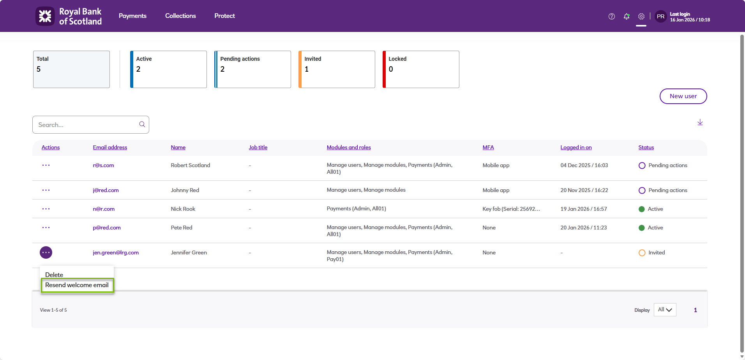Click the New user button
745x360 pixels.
click(x=683, y=96)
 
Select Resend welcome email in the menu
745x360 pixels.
click(x=77, y=285)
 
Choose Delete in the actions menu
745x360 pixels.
click(x=54, y=275)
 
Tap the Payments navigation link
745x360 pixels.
click(x=132, y=16)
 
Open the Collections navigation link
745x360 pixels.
click(x=180, y=16)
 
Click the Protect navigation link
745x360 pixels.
click(x=224, y=16)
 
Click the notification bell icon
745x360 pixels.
click(x=627, y=16)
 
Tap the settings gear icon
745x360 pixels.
click(x=641, y=16)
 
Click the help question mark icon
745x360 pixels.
click(x=612, y=16)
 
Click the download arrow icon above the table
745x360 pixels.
click(x=700, y=122)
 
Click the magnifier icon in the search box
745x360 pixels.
click(x=142, y=124)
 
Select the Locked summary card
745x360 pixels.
click(x=421, y=69)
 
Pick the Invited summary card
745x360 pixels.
click(x=337, y=69)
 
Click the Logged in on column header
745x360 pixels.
click(x=576, y=147)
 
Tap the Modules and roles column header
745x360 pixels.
click(x=349, y=147)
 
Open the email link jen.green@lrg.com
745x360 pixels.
click(x=116, y=252)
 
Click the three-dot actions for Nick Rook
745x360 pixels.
click(x=46, y=209)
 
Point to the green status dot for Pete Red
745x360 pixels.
click(x=642, y=228)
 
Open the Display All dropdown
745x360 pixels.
click(x=665, y=310)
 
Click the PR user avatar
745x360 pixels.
click(x=660, y=16)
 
